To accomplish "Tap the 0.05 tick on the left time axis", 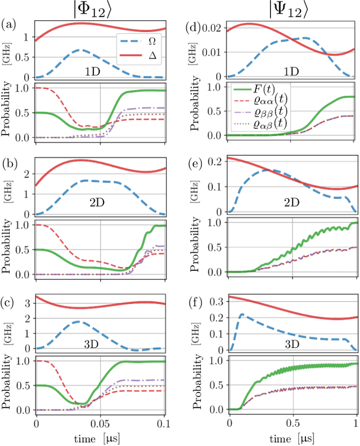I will tap(101, 422).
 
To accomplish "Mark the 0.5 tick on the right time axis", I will tap(292, 422).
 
